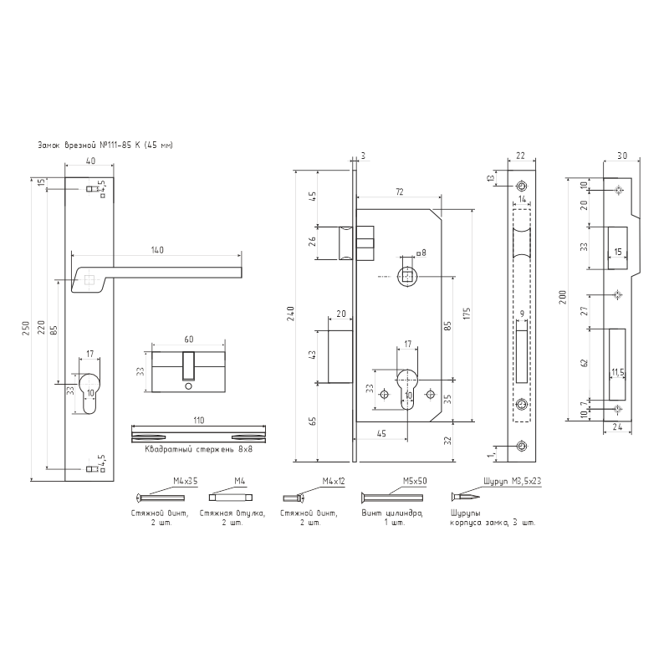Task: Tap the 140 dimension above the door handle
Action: pyautogui.click(x=156, y=249)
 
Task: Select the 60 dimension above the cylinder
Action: pyautogui.click(x=189, y=340)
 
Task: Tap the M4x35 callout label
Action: pyautogui.click(x=184, y=483)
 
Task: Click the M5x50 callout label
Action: pyautogui.click(x=414, y=483)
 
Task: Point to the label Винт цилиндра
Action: pyautogui.click(x=393, y=512)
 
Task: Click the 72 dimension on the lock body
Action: pyautogui.click(x=399, y=193)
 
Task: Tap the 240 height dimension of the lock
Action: pyautogui.click(x=290, y=315)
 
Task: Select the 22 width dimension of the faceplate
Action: pyautogui.click(x=520, y=156)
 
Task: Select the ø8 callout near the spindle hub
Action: pyautogui.click(x=421, y=253)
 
